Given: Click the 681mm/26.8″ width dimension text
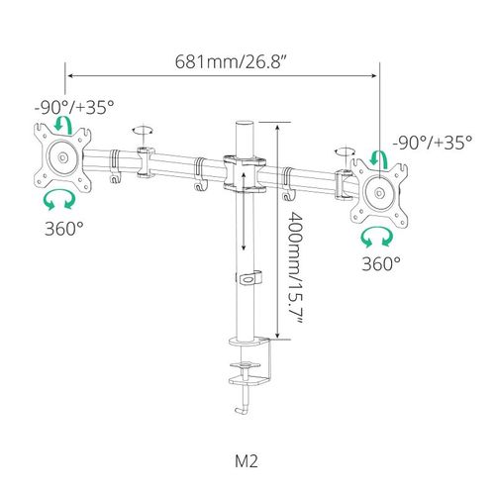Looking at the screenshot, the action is coord(230,61).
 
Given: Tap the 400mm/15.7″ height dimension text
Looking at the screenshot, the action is coord(294,267).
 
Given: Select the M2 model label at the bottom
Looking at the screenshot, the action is coord(247,461).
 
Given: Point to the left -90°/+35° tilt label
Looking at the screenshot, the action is coord(74,107).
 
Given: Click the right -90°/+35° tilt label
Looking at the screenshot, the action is coord(433,143).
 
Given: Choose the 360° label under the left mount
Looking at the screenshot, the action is coord(64,228).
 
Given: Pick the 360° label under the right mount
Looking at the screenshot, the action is coord(381,263).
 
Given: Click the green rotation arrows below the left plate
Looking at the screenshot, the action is coord(59,200).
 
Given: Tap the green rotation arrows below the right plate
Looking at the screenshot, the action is coord(377,237).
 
